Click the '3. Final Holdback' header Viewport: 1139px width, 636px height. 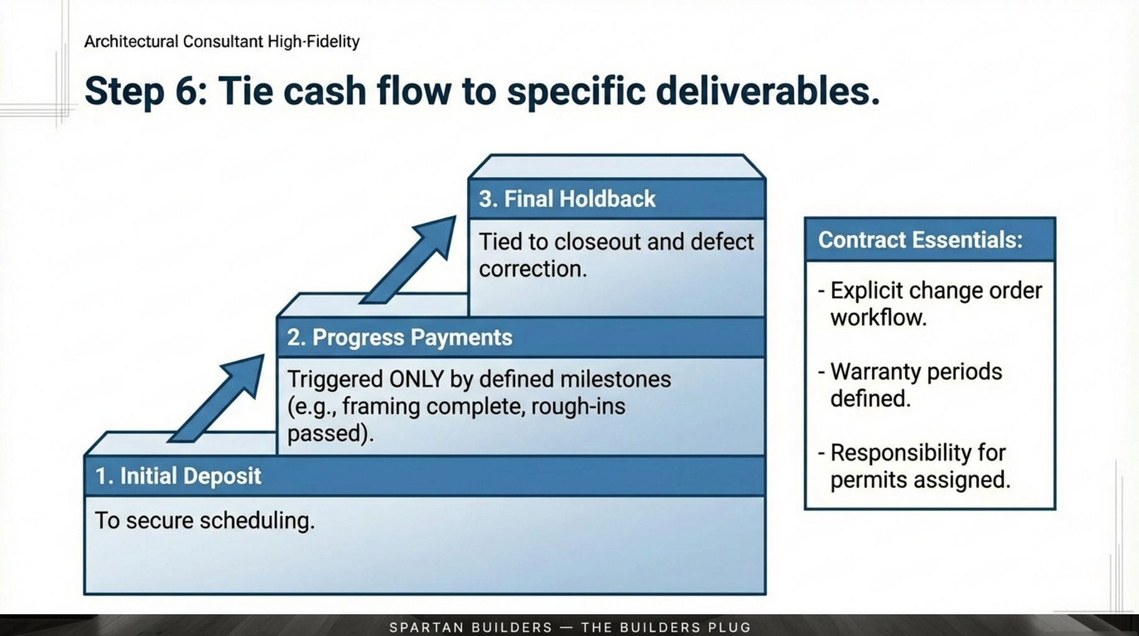pyautogui.click(x=567, y=199)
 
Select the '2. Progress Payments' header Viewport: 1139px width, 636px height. pyautogui.click(x=399, y=337)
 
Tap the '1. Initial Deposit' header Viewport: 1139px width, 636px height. pyautogui.click(x=178, y=476)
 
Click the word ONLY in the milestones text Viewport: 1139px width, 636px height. pyautogui.click(x=416, y=379)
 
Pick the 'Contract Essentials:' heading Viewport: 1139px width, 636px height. pyautogui.click(x=920, y=240)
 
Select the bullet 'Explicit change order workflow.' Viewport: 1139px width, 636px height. pyautogui.click(x=930, y=304)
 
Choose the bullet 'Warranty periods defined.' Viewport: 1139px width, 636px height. pyautogui.click(x=910, y=384)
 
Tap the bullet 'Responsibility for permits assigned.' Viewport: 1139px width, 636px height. pyautogui.click(x=914, y=466)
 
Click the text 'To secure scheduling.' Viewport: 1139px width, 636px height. pyautogui.click(x=204, y=520)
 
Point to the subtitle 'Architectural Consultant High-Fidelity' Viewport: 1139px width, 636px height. pyautogui.click(x=222, y=42)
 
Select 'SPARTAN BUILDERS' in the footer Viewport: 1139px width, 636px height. pyautogui.click(x=471, y=627)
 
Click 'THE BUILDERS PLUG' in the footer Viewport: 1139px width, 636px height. pyautogui.click(x=666, y=627)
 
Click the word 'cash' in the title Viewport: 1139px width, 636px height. pyautogui.click(x=325, y=91)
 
